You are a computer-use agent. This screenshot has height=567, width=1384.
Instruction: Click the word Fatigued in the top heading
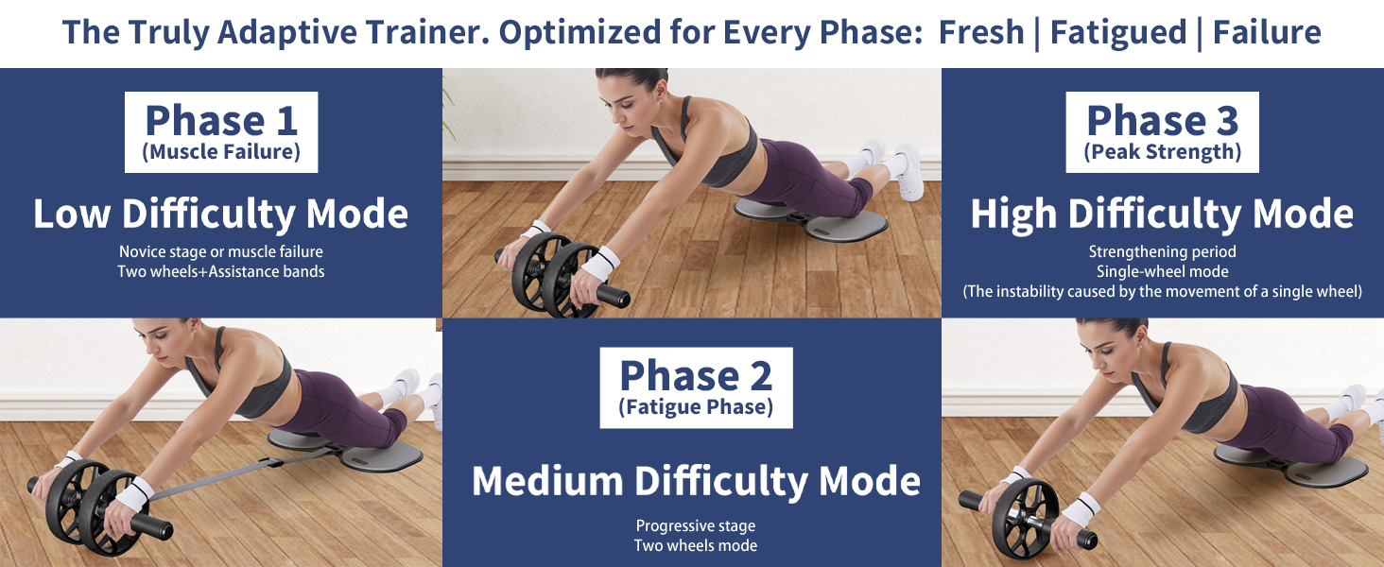pyautogui.click(x=1117, y=32)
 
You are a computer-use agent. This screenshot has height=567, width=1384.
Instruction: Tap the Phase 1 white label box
pyautogui.click(x=221, y=131)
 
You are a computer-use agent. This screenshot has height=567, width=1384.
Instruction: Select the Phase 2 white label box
pyautogui.click(x=696, y=387)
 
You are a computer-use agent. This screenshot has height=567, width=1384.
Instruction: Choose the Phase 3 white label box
pyautogui.click(x=1162, y=131)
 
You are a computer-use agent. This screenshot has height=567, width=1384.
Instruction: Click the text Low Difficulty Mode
pyautogui.click(x=221, y=215)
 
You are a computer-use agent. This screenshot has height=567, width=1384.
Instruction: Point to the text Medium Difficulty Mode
pyautogui.click(x=696, y=481)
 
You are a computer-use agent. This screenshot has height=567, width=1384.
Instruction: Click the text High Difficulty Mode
pyautogui.click(x=1162, y=215)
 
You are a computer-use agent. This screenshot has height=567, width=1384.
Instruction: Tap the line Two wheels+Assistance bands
pyautogui.click(x=221, y=272)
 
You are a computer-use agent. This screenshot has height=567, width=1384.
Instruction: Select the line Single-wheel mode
pyautogui.click(x=1162, y=272)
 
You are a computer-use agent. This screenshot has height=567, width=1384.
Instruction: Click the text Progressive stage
pyautogui.click(x=696, y=526)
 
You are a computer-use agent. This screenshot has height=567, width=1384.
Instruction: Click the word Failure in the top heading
pyautogui.click(x=1267, y=32)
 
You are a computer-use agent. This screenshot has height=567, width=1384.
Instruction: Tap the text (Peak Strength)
pyautogui.click(x=1162, y=152)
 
